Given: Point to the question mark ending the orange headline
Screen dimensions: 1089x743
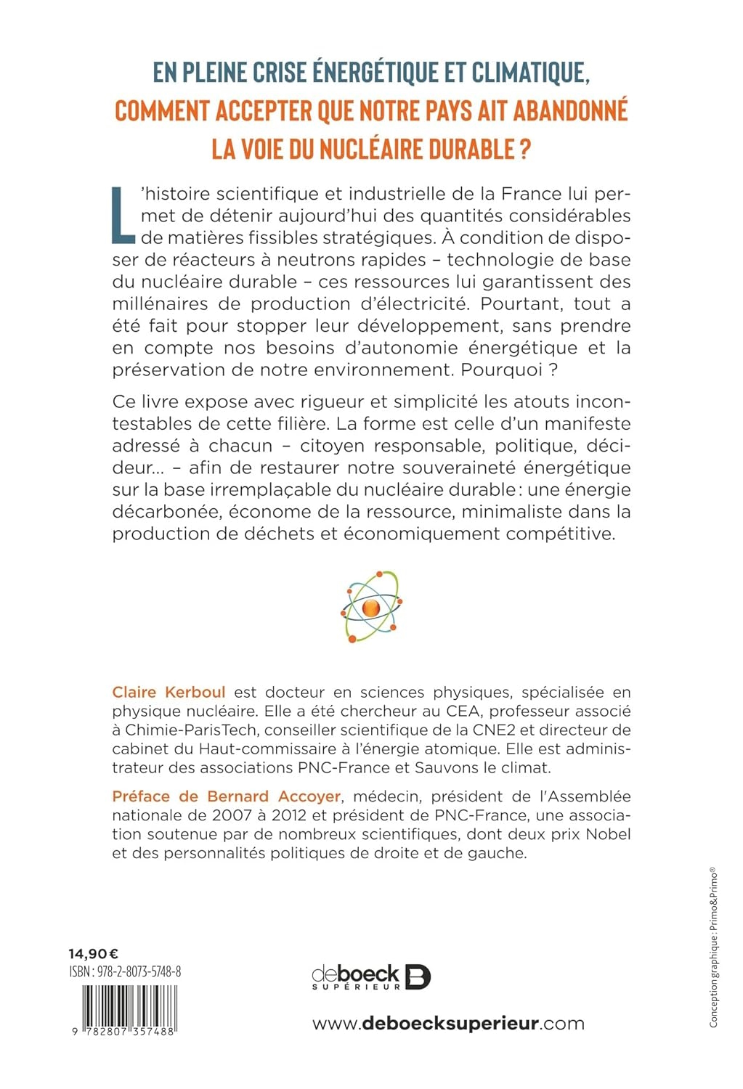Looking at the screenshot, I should [x=525, y=150].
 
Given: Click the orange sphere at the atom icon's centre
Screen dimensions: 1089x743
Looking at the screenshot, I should [x=370, y=608].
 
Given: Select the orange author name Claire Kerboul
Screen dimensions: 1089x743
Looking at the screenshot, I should [x=169, y=693].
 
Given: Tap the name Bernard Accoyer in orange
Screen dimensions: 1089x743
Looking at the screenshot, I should [x=274, y=796].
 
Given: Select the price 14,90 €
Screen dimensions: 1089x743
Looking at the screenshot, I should [x=94, y=954].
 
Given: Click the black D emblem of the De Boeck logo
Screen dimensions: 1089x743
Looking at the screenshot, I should [x=418, y=976].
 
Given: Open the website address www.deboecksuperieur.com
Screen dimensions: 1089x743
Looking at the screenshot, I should [x=448, y=1024].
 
